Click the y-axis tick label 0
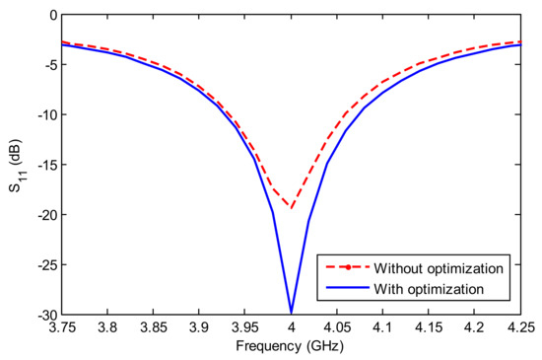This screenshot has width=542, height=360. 50,16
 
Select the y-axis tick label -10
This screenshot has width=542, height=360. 44,115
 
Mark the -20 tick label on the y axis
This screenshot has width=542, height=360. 44,215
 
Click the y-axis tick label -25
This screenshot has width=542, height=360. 44,264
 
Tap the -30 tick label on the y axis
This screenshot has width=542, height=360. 44,314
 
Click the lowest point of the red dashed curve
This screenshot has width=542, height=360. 291,209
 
